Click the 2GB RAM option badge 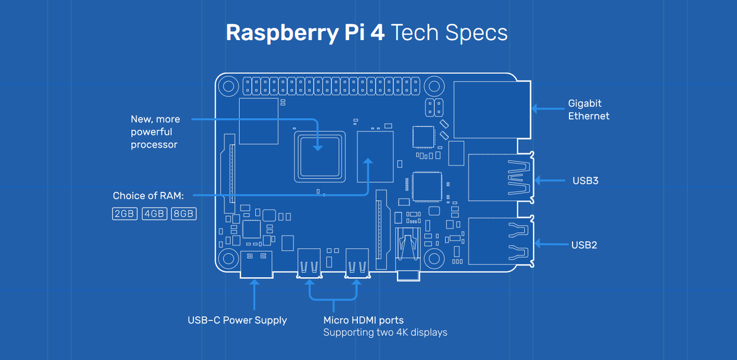pyautogui.click(x=124, y=214)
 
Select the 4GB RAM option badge pyautogui.click(x=154, y=214)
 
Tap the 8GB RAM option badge pyautogui.click(x=184, y=214)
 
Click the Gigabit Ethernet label pyautogui.click(x=589, y=109)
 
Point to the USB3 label pyautogui.click(x=585, y=181)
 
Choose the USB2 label pyautogui.click(x=584, y=245)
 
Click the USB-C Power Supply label pyautogui.click(x=237, y=320)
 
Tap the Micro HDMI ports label pyautogui.click(x=364, y=320)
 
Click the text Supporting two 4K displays pyautogui.click(x=385, y=333)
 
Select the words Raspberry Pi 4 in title pyautogui.click(x=305, y=33)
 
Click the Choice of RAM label pyautogui.click(x=148, y=196)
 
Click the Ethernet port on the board pyautogui.click(x=492, y=109)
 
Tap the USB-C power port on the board pyautogui.click(x=255, y=264)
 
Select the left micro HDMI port pyautogui.click(x=309, y=262)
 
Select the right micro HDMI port pyautogui.click(x=357, y=262)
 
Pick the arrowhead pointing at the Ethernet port pyautogui.click(x=535, y=109)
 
